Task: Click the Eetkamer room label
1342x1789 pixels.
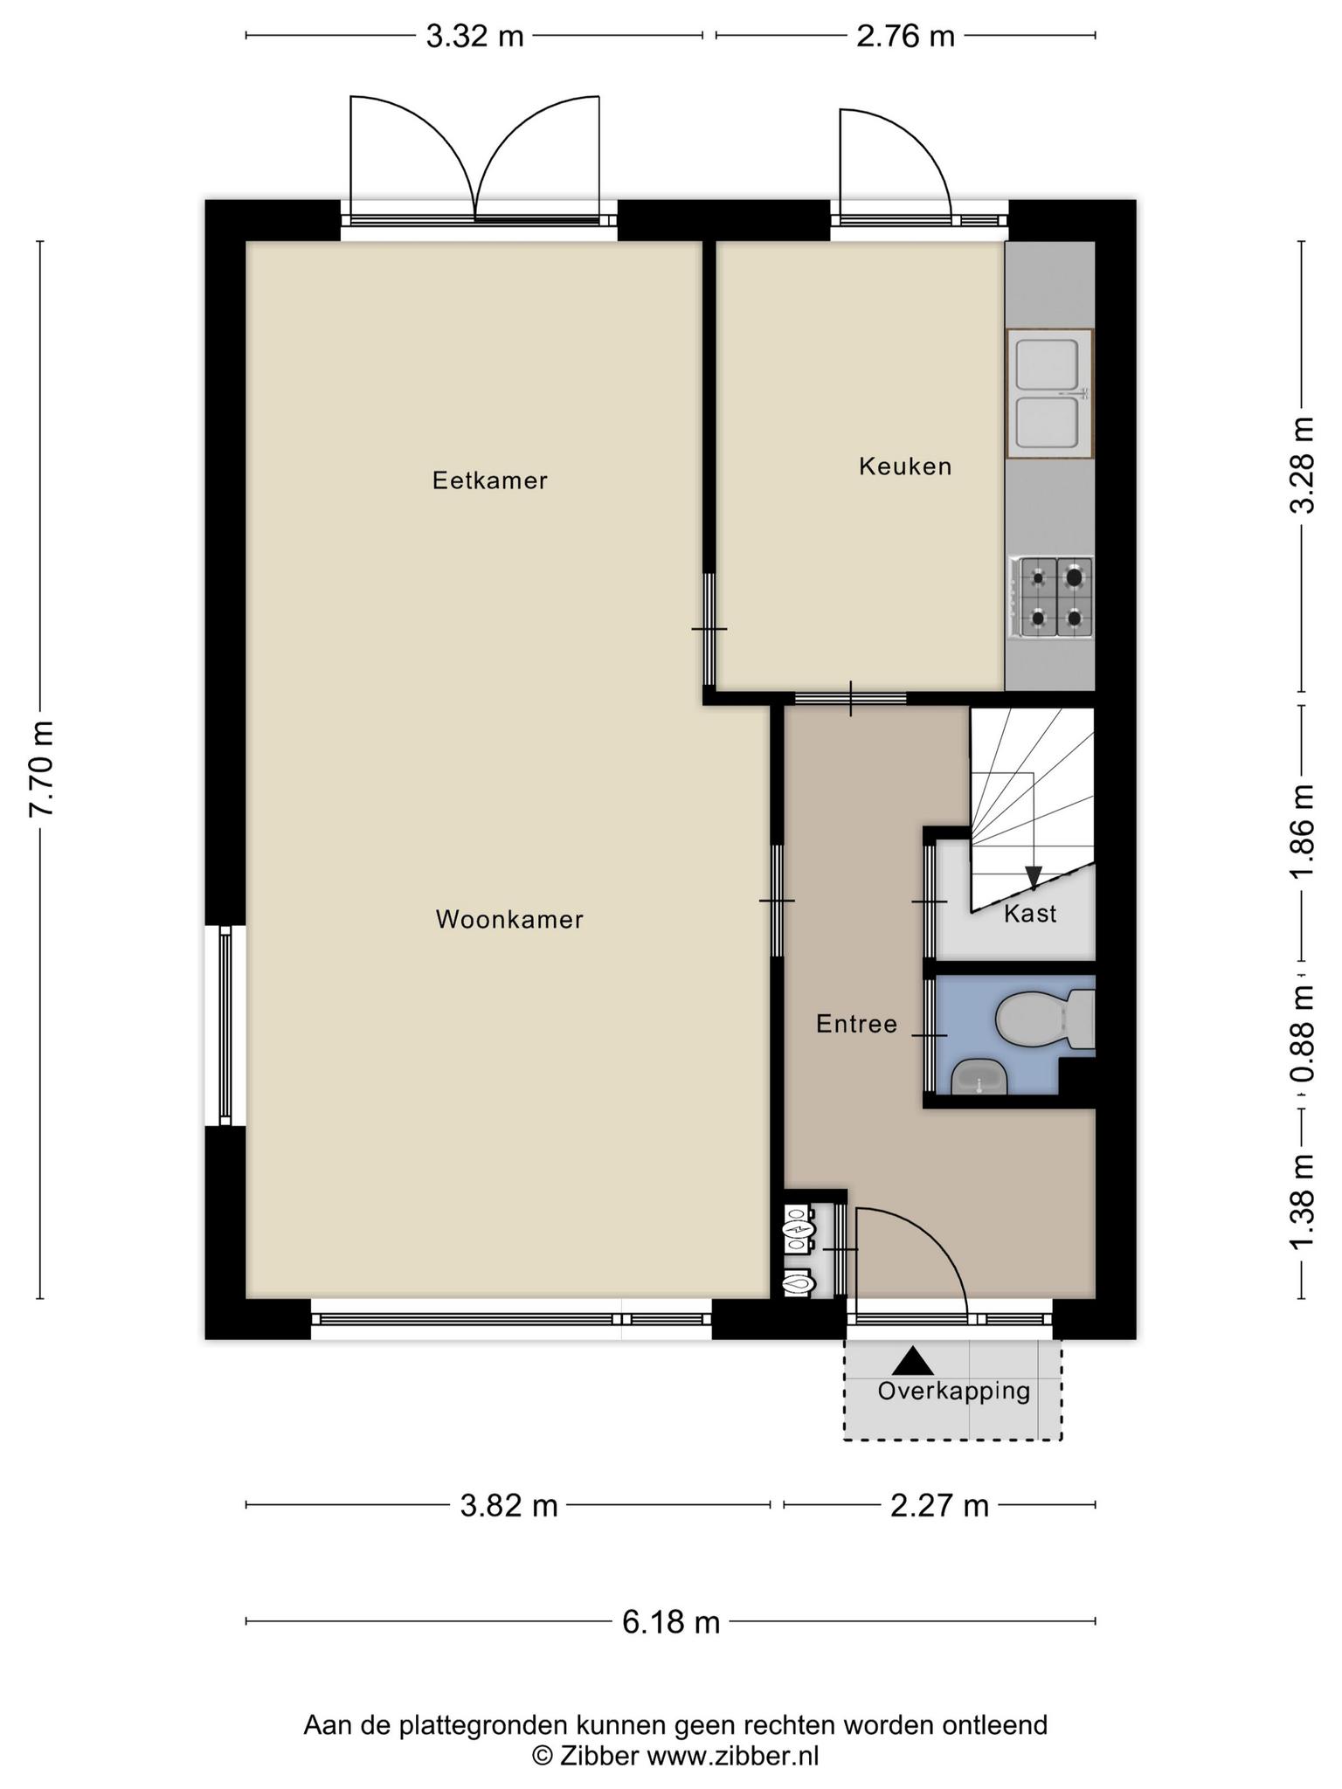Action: [x=490, y=480]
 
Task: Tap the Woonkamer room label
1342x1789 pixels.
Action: [x=509, y=919]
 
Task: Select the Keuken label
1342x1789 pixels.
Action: [x=905, y=466]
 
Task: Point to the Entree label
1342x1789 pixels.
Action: [x=856, y=1024]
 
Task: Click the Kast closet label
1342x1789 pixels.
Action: [x=1030, y=914]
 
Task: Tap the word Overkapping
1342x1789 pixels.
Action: [x=954, y=1391]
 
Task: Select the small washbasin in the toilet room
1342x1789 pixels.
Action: [x=979, y=1077]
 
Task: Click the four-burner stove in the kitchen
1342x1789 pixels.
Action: [x=1051, y=597]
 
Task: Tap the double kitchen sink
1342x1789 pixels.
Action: [x=1049, y=393]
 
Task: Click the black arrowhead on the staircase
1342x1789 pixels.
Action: [x=1034, y=877]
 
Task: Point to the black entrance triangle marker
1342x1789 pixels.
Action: [x=913, y=1360]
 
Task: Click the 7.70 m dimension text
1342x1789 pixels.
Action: [x=42, y=769]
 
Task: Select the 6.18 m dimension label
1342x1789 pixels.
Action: [x=671, y=1622]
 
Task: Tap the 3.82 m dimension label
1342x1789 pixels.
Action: [x=508, y=1505]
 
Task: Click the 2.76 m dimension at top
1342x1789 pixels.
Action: [x=905, y=36]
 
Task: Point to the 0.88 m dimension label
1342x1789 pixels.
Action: [x=1303, y=1034]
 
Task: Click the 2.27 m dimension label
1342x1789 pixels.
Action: [x=939, y=1505]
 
